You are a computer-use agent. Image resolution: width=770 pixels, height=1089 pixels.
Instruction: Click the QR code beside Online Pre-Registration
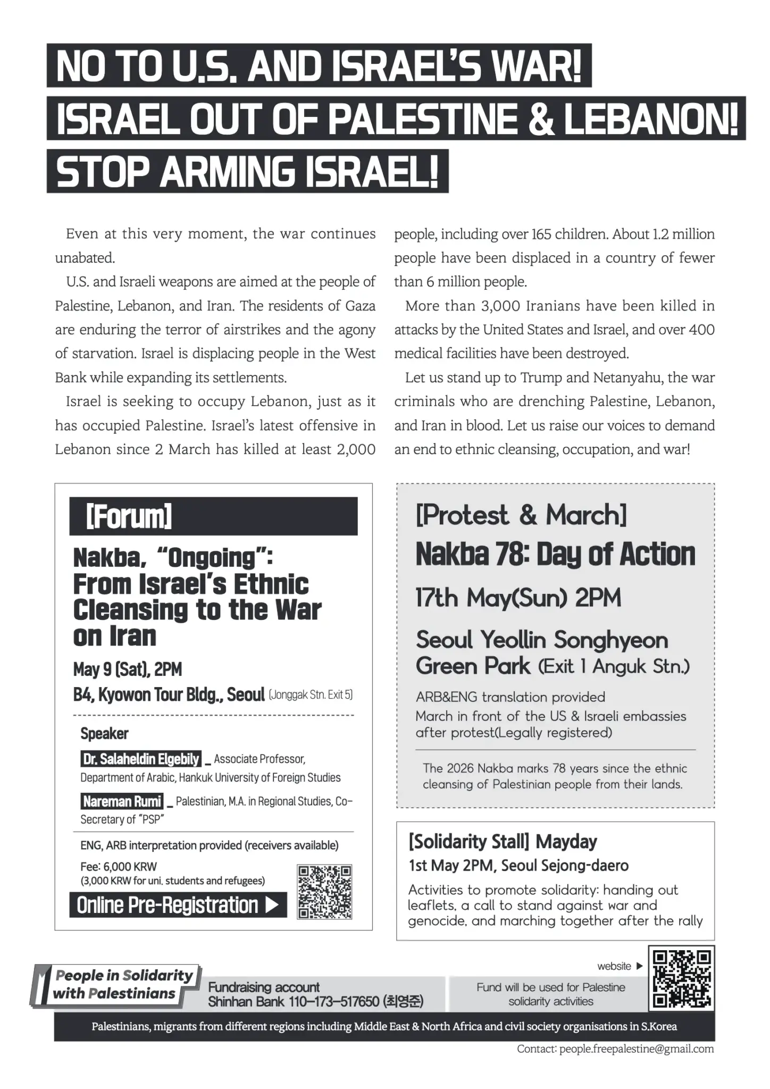[324, 892]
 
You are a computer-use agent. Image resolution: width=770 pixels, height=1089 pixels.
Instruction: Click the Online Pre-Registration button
[178, 905]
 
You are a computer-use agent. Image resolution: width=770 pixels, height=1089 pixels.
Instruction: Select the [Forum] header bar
[213, 516]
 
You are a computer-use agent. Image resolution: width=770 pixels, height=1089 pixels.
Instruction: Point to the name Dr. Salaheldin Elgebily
[141, 759]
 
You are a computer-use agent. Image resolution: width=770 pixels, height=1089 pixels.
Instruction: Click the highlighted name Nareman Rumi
[122, 801]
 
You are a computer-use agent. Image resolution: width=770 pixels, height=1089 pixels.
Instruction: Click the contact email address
[636, 1049]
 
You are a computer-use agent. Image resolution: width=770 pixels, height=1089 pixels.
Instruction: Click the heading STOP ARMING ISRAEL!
[247, 171]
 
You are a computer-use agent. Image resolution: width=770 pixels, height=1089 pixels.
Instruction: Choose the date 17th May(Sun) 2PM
[518, 598]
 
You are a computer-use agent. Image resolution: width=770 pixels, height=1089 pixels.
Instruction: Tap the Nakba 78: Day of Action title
[555, 555]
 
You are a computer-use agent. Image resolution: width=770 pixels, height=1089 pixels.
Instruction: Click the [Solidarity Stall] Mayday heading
[503, 842]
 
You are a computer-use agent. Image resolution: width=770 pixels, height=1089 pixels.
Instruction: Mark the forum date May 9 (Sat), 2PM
[128, 669]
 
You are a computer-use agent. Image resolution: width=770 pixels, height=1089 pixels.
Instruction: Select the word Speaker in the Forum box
[104, 734]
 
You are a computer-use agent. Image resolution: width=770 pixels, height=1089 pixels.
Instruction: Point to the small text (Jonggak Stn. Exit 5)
[311, 694]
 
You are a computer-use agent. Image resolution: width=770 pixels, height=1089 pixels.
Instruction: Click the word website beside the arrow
[614, 966]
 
